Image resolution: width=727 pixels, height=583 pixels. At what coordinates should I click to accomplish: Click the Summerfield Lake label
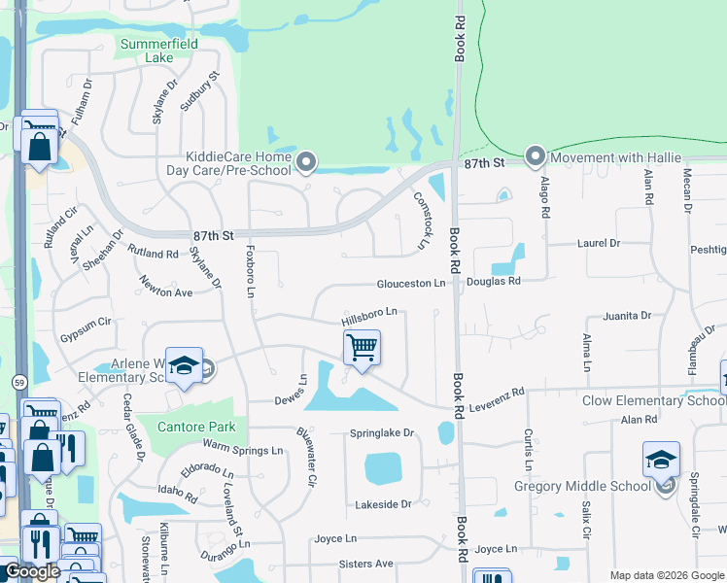[x=146, y=51]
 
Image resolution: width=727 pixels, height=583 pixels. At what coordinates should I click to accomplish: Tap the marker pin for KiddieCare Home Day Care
[x=307, y=162]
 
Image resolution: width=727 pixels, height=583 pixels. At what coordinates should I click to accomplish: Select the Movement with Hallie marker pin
[x=535, y=156]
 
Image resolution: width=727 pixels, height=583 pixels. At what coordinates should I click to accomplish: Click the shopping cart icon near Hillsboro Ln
[x=362, y=347]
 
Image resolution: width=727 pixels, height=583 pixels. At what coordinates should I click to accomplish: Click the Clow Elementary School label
[x=653, y=400]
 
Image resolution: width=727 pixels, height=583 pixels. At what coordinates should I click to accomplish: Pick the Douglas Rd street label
[x=494, y=281]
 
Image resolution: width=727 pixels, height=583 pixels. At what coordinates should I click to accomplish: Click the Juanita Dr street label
[x=626, y=316]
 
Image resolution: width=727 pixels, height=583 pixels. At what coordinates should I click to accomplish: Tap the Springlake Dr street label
[x=381, y=433]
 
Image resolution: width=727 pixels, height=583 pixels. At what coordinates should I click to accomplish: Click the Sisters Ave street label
[x=365, y=564]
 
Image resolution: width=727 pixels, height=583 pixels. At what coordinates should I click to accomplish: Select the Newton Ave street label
[x=165, y=291]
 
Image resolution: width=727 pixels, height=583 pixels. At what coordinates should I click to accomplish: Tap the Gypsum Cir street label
[x=87, y=321]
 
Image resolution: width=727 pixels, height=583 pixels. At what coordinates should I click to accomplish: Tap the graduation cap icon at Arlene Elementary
[x=183, y=365]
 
